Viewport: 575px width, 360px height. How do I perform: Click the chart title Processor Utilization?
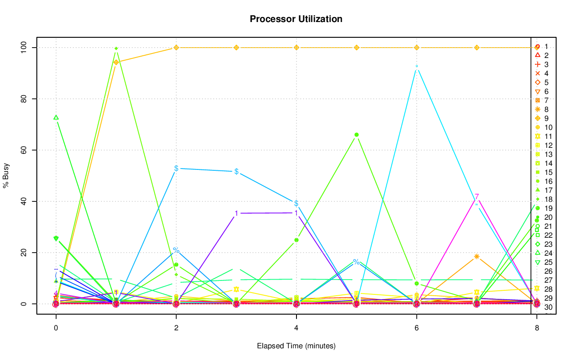[296, 19]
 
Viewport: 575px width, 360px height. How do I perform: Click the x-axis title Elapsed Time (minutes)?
[296, 346]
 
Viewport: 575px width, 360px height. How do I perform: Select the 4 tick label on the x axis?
[296, 329]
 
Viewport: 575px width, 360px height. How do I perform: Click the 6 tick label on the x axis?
[416, 329]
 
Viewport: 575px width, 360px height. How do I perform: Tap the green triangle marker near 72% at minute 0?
[56, 117]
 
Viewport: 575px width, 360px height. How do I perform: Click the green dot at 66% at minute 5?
[356, 135]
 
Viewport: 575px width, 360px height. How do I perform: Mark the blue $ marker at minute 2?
[176, 168]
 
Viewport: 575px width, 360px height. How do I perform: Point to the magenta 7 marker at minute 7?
[477, 196]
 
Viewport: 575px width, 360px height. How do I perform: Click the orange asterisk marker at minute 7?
[477, 257]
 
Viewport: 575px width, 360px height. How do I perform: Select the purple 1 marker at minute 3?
[236, 213]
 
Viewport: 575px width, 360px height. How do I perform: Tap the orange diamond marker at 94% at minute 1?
[116, 62]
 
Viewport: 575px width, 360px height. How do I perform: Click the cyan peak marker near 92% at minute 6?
[416, 67]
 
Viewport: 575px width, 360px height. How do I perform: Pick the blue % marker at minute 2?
[176, 250]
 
